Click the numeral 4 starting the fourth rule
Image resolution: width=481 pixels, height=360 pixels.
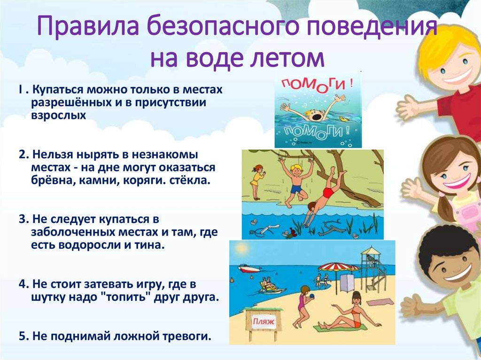pyautogui.click(x=22, y=284)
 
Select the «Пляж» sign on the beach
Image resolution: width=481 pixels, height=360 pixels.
pyautogui.click(x=264, y=322)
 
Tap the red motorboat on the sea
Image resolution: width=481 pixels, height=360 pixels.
pyautogui.click(x=248, y=268)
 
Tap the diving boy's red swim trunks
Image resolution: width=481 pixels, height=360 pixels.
pyautogui.click(x=328, y=193)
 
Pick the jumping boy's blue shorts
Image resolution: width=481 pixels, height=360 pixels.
pyautogui.click(x=295, y=189)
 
